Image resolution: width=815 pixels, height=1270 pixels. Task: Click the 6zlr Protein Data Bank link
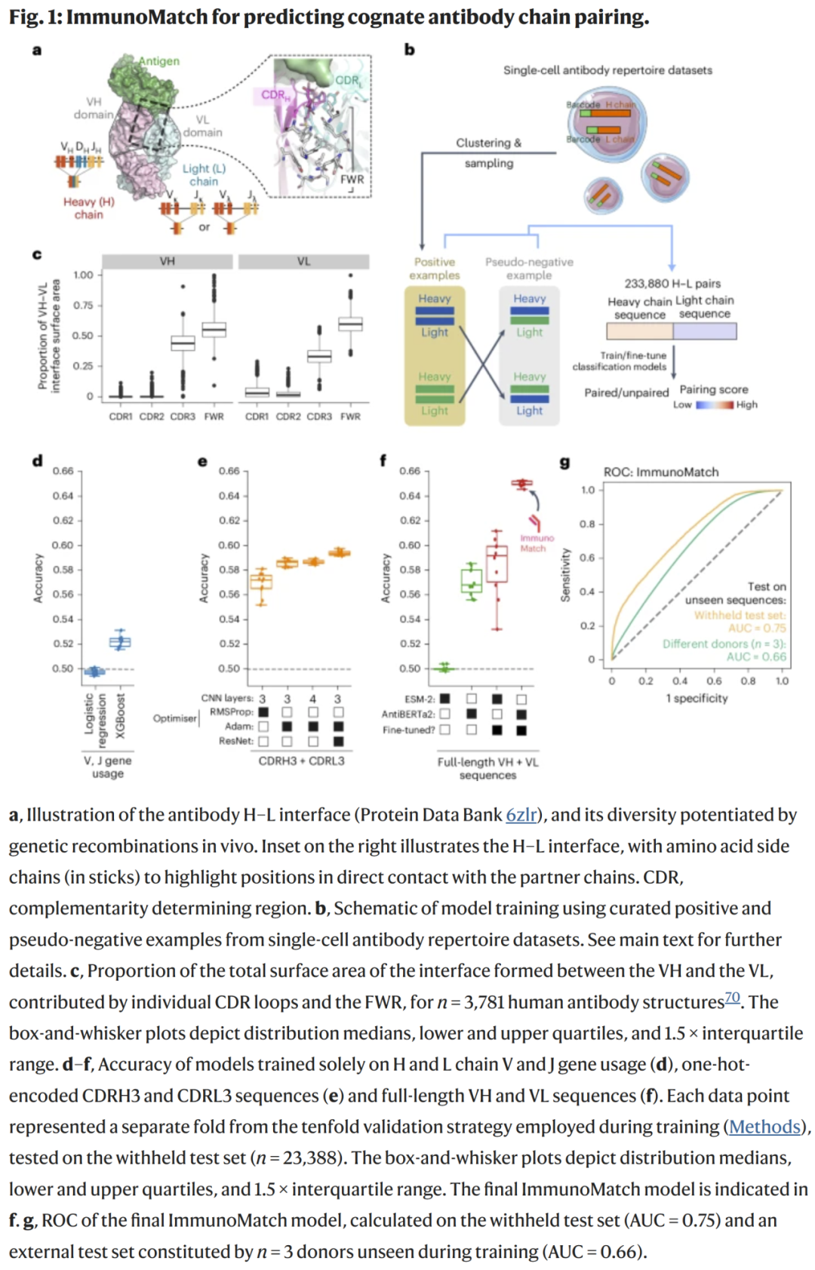pos(521,815)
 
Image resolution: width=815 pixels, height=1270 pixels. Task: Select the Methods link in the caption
pos(764,1127)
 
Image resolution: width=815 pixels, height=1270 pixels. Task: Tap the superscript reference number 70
pos(732,998)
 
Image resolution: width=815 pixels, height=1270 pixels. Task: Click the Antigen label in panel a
pos(159,61)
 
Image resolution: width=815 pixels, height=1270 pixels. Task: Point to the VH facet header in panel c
pos(168,261)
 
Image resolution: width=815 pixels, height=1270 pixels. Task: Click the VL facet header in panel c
pos(303,261)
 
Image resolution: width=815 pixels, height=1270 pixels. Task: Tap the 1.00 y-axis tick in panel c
pos(83,275)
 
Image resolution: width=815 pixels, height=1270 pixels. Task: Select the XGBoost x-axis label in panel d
pos(120,716)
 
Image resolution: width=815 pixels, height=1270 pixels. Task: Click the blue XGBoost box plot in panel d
pos(120,642)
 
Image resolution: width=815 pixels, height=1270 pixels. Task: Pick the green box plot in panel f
pos(472,582)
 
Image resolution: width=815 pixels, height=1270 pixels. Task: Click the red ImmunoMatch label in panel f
pos(537,543)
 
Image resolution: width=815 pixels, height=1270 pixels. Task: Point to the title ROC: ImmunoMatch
pos(661,472)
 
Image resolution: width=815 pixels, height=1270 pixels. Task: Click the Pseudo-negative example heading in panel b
pos(529,269)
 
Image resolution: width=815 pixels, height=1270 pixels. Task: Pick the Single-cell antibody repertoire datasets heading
pos(607,70)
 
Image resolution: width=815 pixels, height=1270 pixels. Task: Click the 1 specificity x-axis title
pos(697,698)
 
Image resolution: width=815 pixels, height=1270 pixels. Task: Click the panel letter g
pos(564,463)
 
